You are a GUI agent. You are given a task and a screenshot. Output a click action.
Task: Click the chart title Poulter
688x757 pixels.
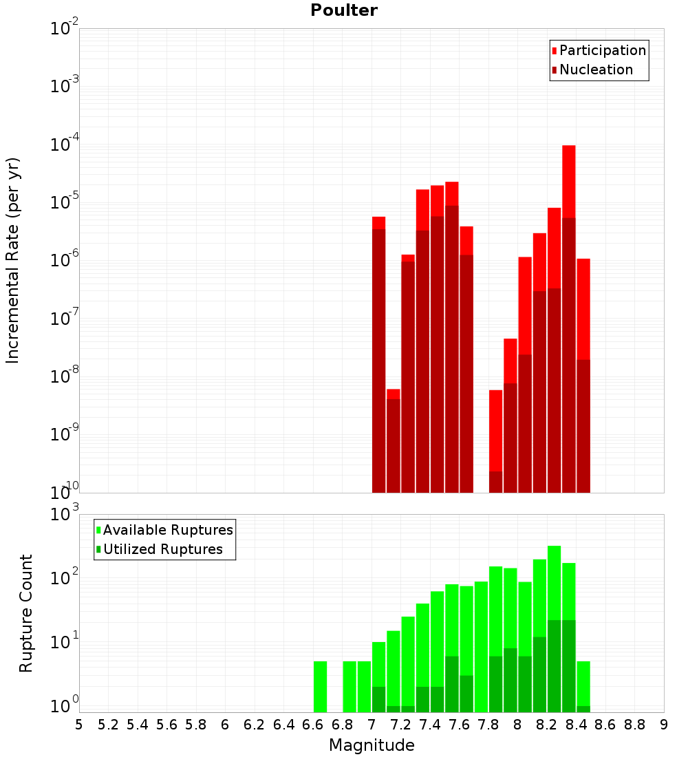(x=344, y=10)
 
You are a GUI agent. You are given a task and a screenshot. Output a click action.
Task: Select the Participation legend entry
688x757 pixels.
(x=603, y=50)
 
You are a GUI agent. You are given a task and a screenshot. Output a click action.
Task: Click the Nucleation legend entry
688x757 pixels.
(x=596, y=70)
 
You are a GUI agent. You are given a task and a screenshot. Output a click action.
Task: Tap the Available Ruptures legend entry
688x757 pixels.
(x=168, y=530)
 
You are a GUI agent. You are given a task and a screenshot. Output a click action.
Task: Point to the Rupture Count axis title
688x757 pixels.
(x=26, y=612)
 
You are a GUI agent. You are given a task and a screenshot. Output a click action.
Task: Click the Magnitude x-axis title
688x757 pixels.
(x=372, y=745)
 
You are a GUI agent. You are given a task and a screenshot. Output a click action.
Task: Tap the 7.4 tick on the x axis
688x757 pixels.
(x=430, y=725)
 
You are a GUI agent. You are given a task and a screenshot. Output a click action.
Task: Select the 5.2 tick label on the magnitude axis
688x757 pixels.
(x=108, y=725)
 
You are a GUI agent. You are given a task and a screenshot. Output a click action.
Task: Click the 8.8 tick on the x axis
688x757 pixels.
(x=634, y=725)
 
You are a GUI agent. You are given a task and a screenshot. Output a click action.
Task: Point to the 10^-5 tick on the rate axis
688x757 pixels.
(x=64, y=202)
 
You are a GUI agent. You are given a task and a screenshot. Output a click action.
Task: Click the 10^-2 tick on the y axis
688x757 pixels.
(x=64, y=29)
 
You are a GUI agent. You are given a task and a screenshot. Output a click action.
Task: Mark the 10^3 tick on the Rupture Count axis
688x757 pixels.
(x=64, y=514)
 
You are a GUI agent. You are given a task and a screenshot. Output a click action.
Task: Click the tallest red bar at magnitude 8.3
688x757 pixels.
(x=568, y=179)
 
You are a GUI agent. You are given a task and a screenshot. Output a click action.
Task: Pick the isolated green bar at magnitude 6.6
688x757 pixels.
(x=320, y=686)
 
